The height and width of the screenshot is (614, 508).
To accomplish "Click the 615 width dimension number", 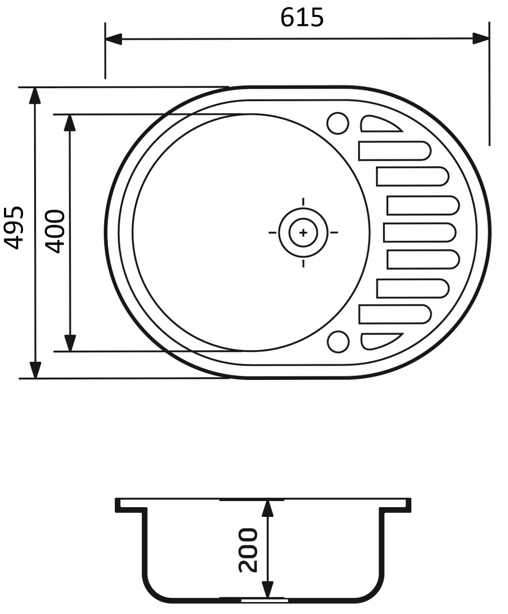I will click(302, 18).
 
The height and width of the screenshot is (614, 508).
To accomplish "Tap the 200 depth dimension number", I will click(248, 550).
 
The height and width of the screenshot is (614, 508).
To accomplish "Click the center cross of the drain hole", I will click(303, 232).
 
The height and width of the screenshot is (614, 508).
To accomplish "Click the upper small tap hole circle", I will click(338, 123).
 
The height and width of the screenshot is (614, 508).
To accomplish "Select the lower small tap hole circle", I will click(338, 341).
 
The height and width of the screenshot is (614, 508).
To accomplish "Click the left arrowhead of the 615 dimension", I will click(113, 39).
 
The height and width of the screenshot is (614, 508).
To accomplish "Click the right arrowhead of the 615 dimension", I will click(481, 39).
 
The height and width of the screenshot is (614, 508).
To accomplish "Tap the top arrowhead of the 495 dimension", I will click(35, 96).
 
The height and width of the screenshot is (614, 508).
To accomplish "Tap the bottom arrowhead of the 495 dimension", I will click(35, 370).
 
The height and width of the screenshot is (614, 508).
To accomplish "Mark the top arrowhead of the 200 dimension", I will click(267, 508).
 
